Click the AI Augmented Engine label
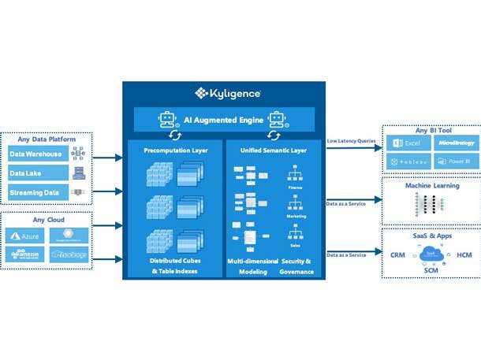(220, 121)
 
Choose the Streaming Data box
(37, 192)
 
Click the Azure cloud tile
(26, 236)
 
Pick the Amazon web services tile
(26, 254)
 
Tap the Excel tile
(408, 143)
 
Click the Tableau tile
(408, 161)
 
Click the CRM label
(398, 254)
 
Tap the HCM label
(464, 254)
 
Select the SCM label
(431, 269)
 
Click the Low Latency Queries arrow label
(352, 141)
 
